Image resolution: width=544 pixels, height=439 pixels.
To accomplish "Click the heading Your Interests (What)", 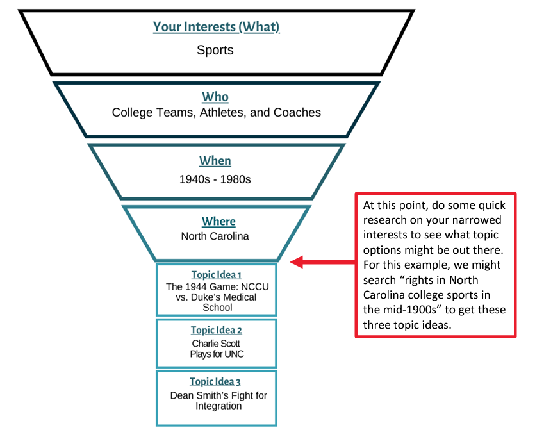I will (216, 27).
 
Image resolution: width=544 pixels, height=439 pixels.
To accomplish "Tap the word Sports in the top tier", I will (215, 49).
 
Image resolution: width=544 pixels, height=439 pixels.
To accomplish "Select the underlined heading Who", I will (215, 97).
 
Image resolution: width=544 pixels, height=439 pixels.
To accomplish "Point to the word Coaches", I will (296, 113).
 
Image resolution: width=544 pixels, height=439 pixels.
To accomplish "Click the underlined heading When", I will (215, 161).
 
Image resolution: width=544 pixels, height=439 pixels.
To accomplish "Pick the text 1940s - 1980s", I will (215, 179).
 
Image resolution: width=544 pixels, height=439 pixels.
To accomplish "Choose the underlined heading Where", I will (218, 221).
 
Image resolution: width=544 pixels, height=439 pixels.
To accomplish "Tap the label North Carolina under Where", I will (215, 236).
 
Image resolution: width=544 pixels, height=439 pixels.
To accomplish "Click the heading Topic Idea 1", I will (216, 275).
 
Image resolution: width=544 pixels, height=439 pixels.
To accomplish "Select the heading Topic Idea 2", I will (216, 331).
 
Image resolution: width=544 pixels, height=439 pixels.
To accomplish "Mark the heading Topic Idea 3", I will (216, 382).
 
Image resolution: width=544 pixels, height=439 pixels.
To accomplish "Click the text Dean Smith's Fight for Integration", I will (218, 401).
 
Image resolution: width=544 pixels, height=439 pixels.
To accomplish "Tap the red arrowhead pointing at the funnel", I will (296, 261).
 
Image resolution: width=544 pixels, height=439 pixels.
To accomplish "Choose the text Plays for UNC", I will (217, 354).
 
